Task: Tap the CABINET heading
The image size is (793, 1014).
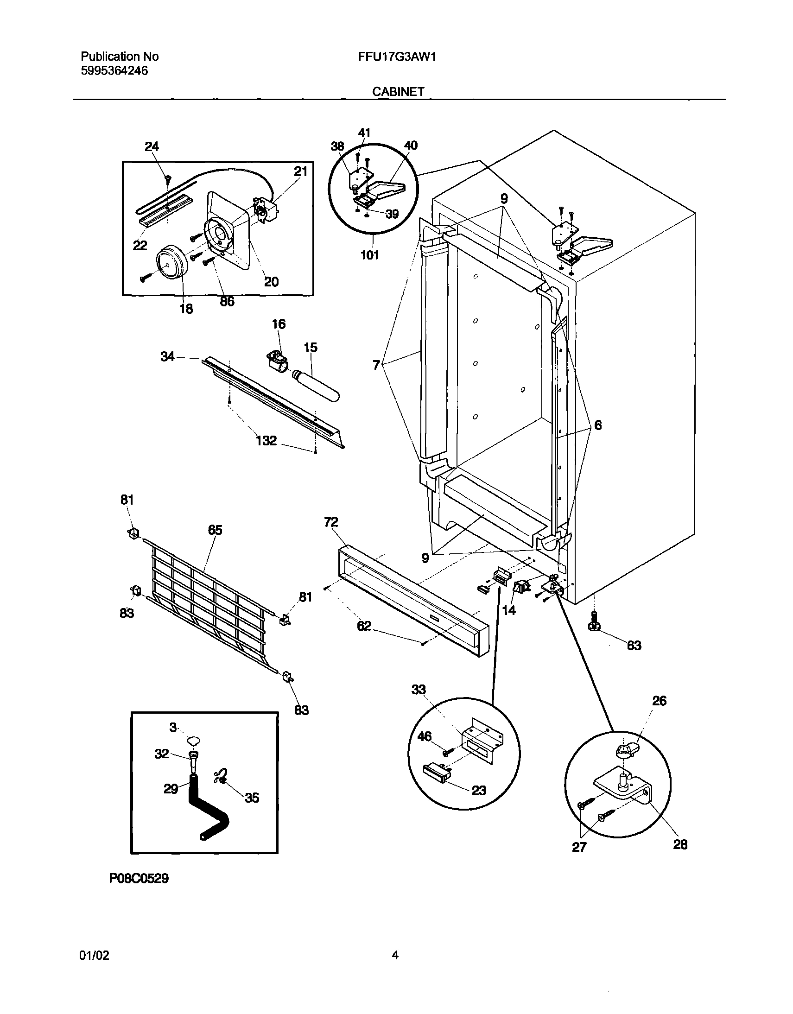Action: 398,92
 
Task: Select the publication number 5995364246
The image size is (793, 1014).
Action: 114,71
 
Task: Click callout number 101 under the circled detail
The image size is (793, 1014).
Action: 369,255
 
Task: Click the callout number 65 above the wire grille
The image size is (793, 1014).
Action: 215,530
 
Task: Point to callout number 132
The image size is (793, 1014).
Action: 266,440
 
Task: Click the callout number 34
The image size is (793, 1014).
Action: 167,356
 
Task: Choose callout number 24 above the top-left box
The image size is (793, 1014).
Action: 152,147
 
